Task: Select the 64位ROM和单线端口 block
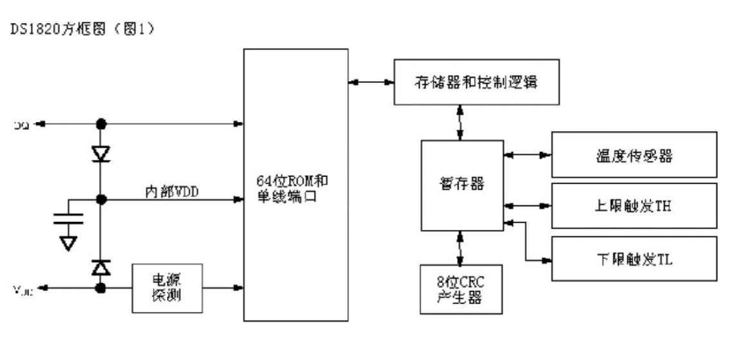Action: pyautogui.click(x=296, y=185)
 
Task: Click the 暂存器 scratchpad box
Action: pyautogui.click(x=459, y=184)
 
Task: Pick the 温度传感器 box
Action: pyautogui.click(x=634, y=155)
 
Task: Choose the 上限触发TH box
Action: pyautogui.click(x=634, y=206)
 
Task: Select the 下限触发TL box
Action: pyautogui.click(x=634, y=258)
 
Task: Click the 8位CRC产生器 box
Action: pyautogui.click(x=459, y=289)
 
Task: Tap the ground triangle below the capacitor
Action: pyautogui.click(x=67, y=242)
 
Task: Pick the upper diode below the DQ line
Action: pyautogui.click(x=100, y=154)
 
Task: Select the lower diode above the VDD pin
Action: pyautogui.click(x=100, y=265)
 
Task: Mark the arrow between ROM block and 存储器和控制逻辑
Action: pyautogui.click(x=371, y=82)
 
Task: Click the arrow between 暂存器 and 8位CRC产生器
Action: pyautogui.click(x=460, y=247)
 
